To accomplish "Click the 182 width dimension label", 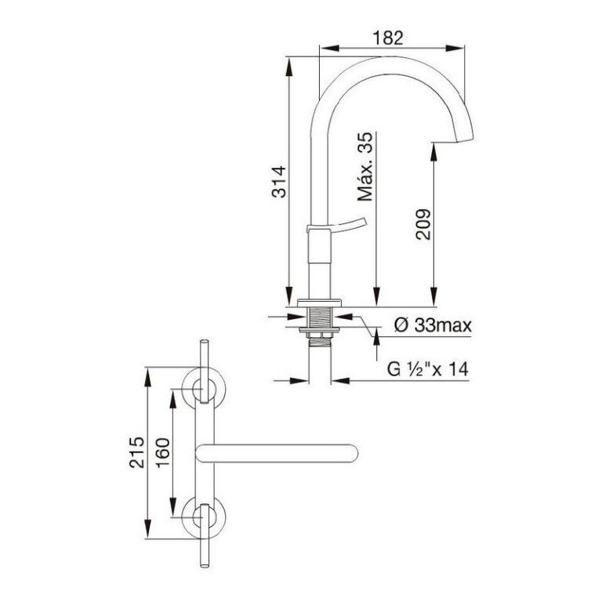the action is point(388,38).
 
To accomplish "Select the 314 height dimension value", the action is point(279,182).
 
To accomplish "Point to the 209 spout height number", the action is point(423,225).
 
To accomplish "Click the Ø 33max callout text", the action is point(433,325).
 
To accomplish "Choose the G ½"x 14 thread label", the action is point(428,369).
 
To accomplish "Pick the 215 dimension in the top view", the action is point(136,452).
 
